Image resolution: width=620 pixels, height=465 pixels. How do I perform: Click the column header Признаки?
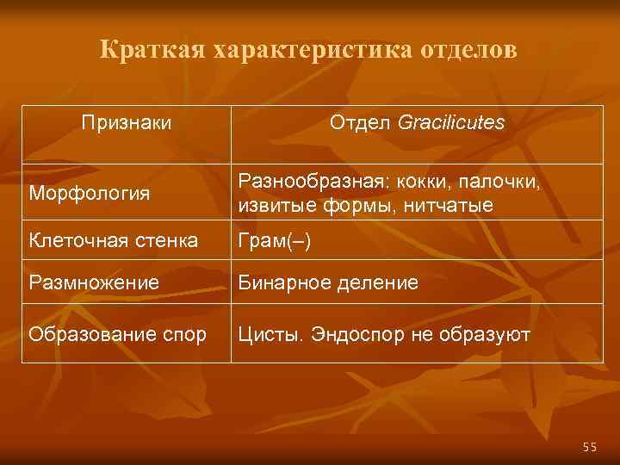coord(126,123)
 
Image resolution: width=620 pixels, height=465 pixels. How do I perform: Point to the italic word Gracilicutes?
coord(451,123)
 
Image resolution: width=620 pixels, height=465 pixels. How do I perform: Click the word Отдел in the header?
coord(362,123)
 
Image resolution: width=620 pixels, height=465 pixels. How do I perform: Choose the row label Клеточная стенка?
coord(113,241)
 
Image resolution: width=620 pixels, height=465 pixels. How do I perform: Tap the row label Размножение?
coord(93,282)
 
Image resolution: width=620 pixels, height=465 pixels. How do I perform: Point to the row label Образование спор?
coord(117,333)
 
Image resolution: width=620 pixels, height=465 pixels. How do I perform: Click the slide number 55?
coord(589,446)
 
